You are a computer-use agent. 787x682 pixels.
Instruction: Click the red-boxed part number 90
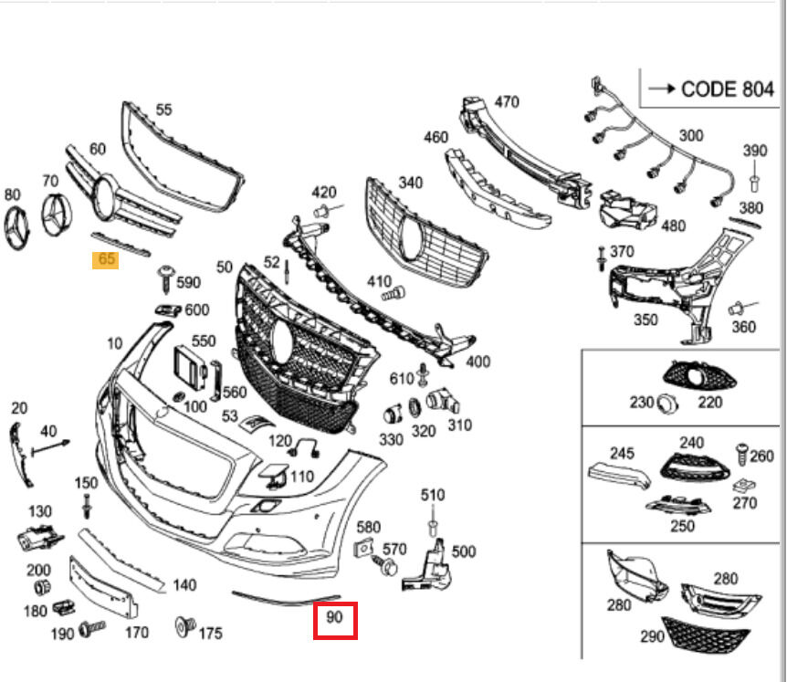(x=335, y=618)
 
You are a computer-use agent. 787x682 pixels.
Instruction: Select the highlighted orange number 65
(x=106, y=259)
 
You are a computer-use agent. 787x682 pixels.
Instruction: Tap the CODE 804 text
(x=721, y=89)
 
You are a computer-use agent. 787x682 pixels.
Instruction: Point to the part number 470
(x=507, y=101)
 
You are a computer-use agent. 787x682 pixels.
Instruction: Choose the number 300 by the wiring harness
(x=691, y=135)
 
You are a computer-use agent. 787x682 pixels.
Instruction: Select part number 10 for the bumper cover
(x=114, y=343)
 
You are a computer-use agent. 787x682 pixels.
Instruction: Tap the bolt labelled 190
(x=92, y=628)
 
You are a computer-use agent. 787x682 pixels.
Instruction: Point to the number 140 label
(x=184, y=585)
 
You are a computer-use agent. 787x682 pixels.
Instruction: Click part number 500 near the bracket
(x=463, y=551)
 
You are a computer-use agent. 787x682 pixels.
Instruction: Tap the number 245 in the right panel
(x=622, y=453)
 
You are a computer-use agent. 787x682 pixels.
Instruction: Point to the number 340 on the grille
(x=411, y=183)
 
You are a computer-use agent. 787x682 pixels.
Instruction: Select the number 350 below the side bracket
(x=645, y=320)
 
